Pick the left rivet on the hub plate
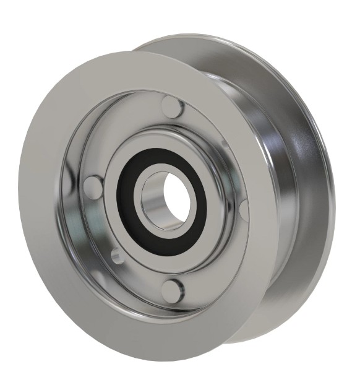[93, 184]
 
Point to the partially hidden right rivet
[245, 210]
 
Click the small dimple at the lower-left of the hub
[115, 254]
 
